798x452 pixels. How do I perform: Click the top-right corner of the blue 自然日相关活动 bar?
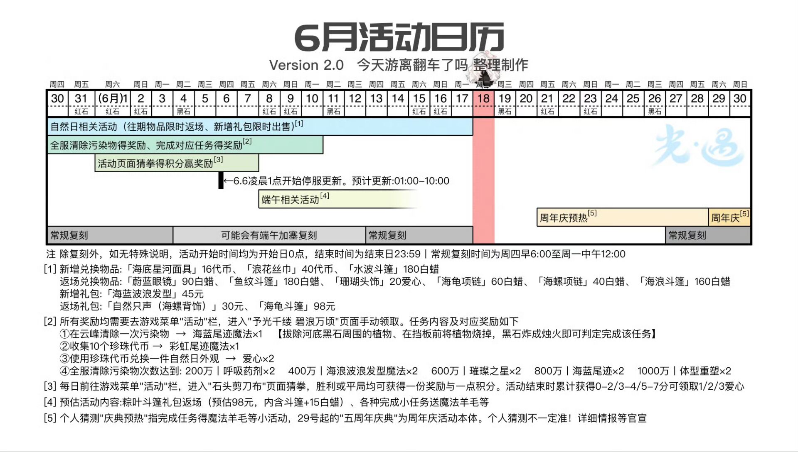click(x=473, y=118)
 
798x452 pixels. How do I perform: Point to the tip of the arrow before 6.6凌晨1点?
click(x=224, y=181)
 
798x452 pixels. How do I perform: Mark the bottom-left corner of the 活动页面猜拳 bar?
click(x=95, y=171)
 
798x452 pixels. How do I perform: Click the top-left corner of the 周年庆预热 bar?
click(x=537, y=208)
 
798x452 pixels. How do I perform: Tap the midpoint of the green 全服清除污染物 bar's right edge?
click(x=323, y=145)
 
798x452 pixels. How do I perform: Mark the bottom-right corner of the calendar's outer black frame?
click(x=752, y=244)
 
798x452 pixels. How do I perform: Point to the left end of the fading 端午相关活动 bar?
click(x=259, y=199)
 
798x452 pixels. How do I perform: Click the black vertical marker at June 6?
click(x=221, y=181)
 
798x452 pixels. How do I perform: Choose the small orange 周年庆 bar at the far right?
click(x=729, y=217)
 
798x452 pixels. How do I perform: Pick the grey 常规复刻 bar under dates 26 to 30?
click(x=708, y=235)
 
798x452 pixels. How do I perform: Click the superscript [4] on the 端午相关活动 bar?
click(x=325, y=195)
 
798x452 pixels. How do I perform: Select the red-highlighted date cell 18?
click(x=483, y=99)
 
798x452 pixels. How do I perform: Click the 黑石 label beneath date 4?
click(x=183, y=112)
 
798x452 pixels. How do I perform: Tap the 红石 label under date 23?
click(x=590, y=112)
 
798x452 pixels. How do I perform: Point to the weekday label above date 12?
click(x=355, y=85)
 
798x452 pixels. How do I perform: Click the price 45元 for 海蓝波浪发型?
click(x=193, y=294)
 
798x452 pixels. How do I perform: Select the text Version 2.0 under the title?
click(x=306, y=65)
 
